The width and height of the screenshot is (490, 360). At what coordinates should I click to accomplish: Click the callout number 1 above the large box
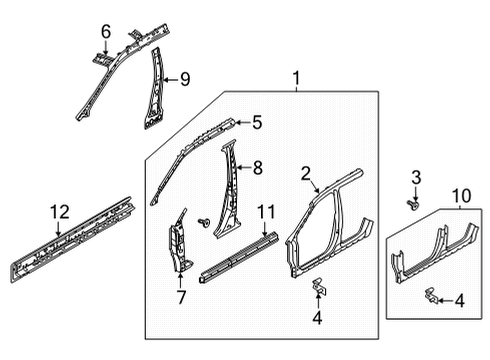[x=295, y=78]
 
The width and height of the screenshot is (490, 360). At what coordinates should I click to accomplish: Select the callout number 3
[x=416, y=177]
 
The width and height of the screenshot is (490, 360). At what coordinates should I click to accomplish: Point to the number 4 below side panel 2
[x=317, y=320]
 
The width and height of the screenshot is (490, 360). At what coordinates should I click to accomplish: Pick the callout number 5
[x=256, y=124]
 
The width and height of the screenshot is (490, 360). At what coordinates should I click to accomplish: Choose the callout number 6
[x=106, y=32]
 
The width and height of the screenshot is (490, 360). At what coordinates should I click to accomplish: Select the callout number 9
[x=184, y=78]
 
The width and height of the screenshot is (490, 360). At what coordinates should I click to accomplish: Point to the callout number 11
[x=265, y=212]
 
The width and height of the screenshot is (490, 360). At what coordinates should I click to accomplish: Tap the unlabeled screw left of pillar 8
[x=203, y=222]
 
